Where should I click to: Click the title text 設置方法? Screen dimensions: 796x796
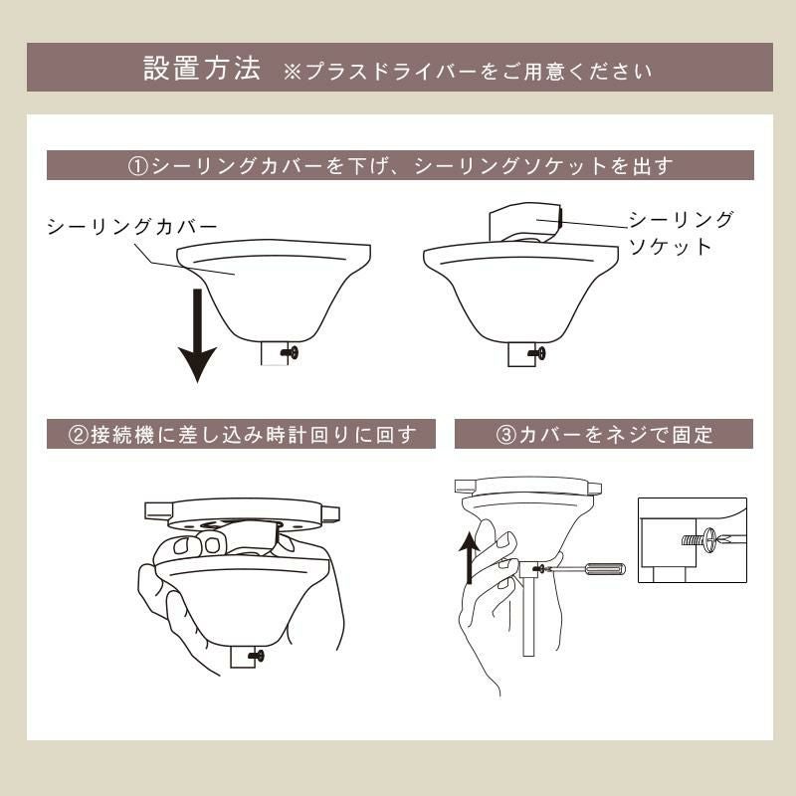(202, 69)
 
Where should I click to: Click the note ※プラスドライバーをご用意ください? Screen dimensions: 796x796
(468, 72)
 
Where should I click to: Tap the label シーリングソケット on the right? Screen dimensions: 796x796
(681, 233)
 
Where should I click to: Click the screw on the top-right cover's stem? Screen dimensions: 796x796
(538, 351)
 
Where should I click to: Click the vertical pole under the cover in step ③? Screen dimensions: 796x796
(528, 617)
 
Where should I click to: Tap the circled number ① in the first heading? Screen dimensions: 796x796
(138, 166)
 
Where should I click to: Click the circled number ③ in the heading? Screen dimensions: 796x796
(504, 434)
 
